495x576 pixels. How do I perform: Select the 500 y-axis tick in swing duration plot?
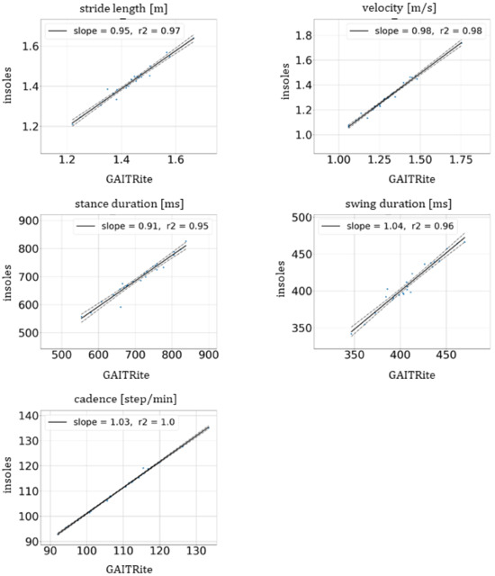(x=292, y=218)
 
